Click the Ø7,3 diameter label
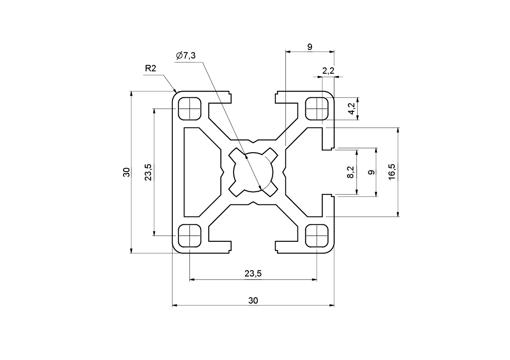186,56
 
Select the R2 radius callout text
150,68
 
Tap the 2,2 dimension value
328,71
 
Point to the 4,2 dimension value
351,109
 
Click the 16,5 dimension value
392,172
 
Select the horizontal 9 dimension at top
310,47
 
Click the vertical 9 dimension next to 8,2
371,172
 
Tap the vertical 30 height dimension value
127,172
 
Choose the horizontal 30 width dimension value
253,300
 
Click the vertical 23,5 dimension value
148,172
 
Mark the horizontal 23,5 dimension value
253,273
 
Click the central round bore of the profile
253,172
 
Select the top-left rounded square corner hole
190,109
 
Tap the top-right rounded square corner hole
317,109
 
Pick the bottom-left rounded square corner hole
190,236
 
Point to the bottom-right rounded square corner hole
317,236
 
